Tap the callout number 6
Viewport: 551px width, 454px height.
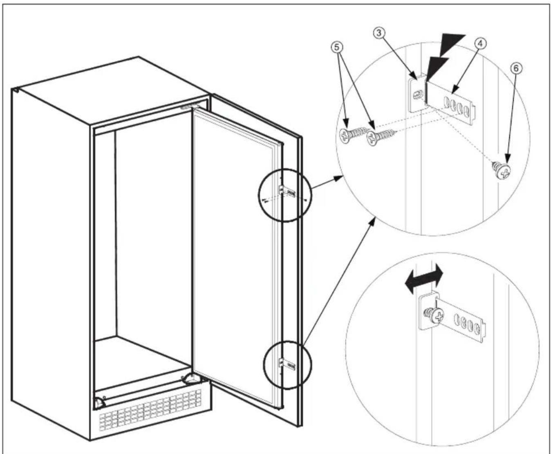[x=516, y=68]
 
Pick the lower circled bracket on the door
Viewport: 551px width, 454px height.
[x=287, y=364]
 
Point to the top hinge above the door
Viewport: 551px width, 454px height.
[x=189, y=107]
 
